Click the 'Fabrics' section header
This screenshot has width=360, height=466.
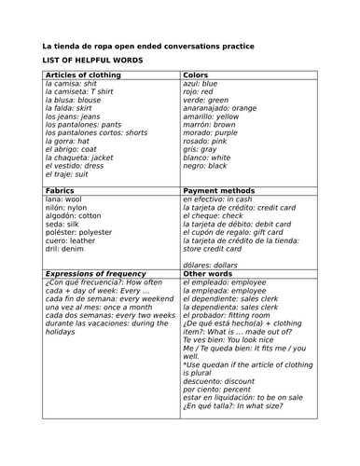(61, 190)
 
